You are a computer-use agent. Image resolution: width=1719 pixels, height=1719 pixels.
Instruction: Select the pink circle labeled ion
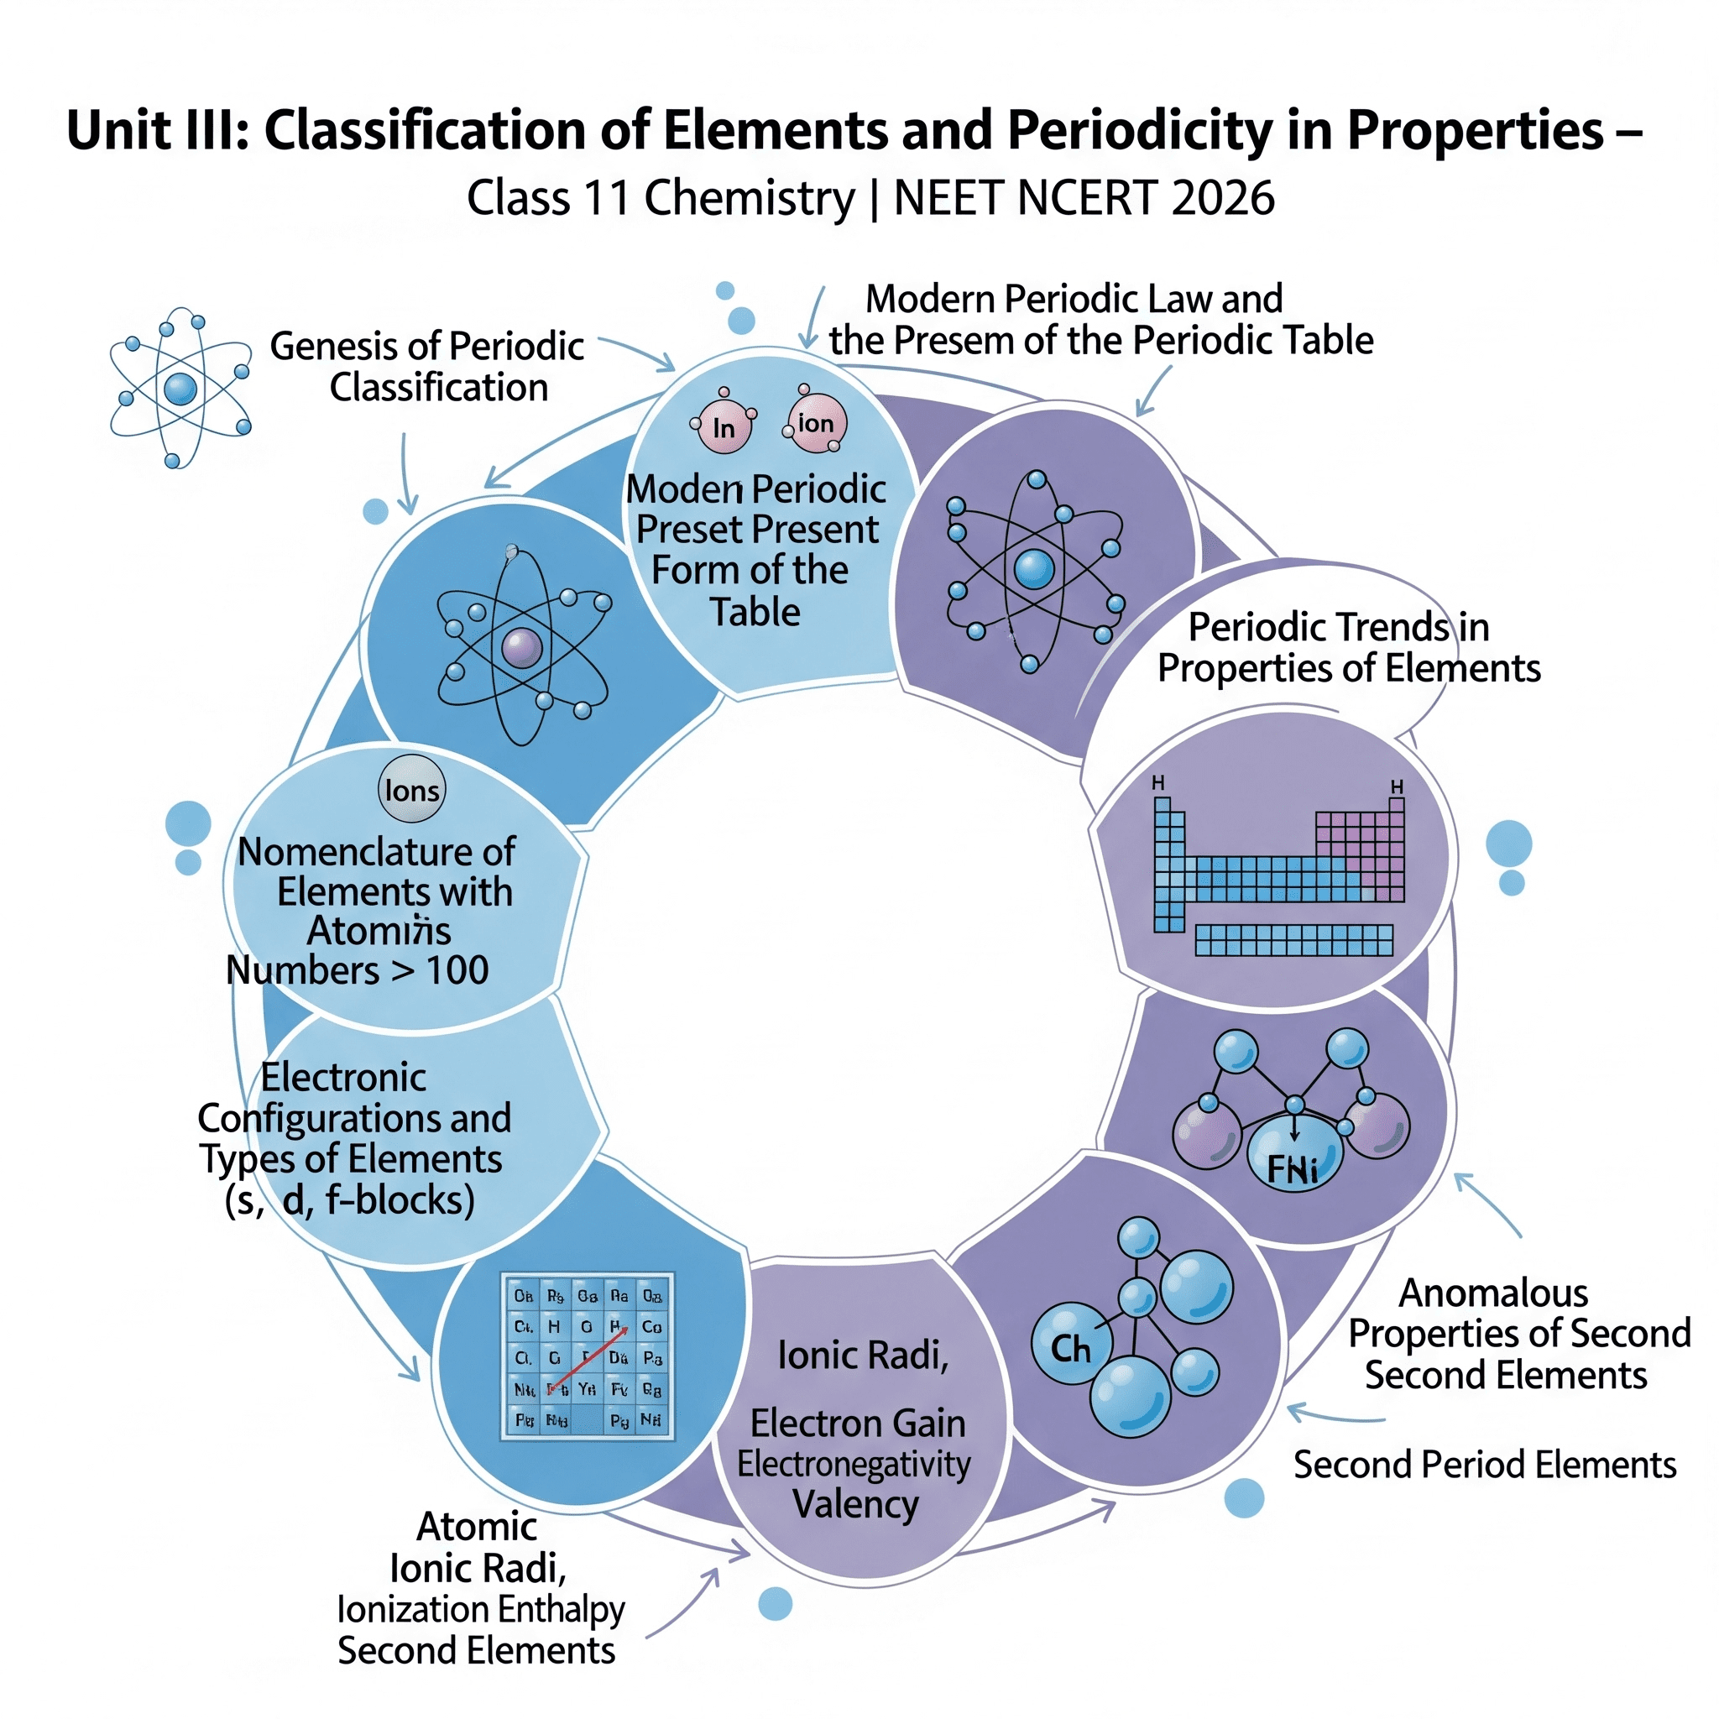click(x=816, y=424)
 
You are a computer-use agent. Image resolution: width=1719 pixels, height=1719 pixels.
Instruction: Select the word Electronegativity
click(x=854, y=1464)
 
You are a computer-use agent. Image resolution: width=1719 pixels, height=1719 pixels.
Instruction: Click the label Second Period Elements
click(x=1484, y=1465)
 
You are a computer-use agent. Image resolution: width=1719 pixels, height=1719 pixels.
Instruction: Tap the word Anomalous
click(x=1493, y=1293)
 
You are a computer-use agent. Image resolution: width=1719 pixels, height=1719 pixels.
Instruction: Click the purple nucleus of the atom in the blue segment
click(x=522, y=647)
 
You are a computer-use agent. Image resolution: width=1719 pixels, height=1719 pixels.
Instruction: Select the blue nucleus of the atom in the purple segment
click(x=1034, y=569)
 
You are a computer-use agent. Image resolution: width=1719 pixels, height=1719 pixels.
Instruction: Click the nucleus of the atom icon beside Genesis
click(x=180, y=389)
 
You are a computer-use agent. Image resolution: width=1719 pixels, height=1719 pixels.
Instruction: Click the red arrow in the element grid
click(x=588, y=1357)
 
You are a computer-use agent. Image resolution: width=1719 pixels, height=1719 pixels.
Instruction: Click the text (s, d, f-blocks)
click(x=350, y=1200)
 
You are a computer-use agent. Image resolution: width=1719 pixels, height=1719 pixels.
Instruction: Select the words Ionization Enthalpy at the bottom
click(x=480, y=1609)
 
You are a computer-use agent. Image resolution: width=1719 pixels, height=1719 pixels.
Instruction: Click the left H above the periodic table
click(x=1157, y=783)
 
